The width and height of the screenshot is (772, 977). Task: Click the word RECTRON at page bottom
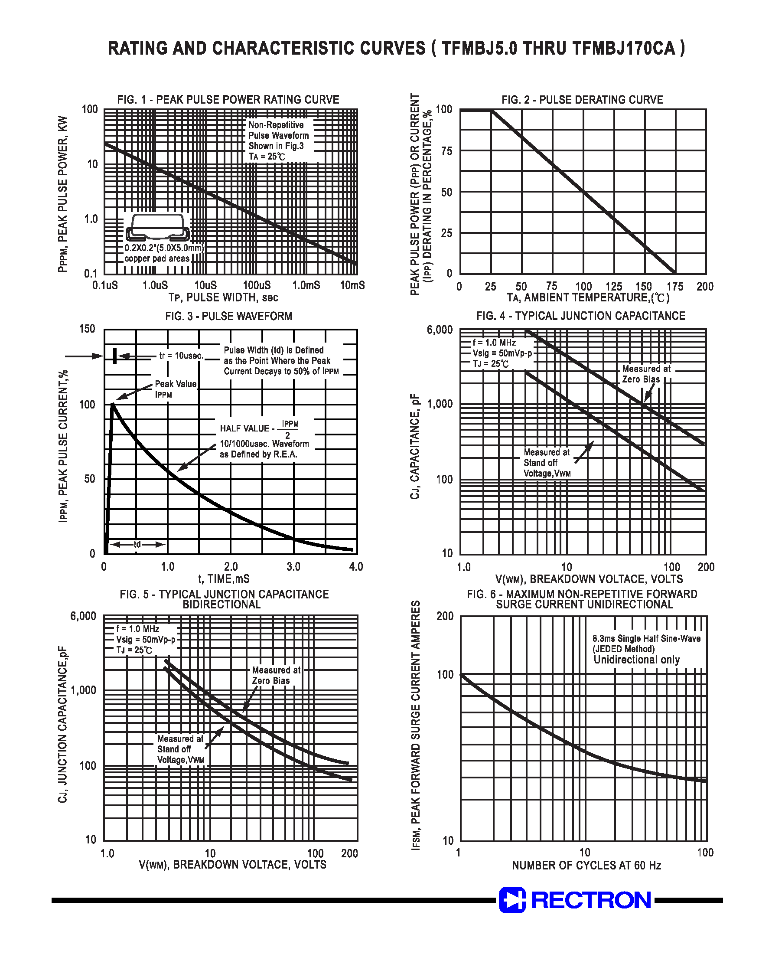pyautogui.click(x=591, y=900)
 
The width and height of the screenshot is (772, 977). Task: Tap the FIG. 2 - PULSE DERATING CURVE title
pyautogui.click(x=582, y=99)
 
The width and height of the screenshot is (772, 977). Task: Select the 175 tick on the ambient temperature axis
pyautogui.click(x=674, y=286)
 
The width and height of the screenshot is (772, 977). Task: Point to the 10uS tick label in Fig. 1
pyautogui.click(x=205, y=285)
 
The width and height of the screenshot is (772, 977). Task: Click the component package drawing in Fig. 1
pyautogui.click(x=157, y=227)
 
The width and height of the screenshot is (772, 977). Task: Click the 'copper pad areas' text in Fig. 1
pyautogui.click(x=157, y=258)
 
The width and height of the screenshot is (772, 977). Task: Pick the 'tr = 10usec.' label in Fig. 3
pyautogui.click(x=181, y=356)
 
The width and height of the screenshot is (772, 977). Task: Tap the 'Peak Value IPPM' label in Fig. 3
pyautogui.click(x=176, y=389)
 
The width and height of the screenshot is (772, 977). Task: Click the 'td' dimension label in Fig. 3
pyautogui.click(x=137, y=544)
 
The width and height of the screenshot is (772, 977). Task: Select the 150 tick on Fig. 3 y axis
pyautogui.click(x=87, y=329)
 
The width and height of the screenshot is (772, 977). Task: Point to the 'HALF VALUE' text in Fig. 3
pyautogui.click(x=244, y=428)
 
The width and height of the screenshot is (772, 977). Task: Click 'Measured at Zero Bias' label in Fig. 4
pyautogui.click(x=646, y=374)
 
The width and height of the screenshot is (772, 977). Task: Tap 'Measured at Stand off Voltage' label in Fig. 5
pyautogui.click(x=180, y=749)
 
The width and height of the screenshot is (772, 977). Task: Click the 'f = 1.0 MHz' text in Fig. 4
pyautogui.click(x=494, y=343)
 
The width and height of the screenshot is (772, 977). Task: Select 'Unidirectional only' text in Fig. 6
pyautogui.click(x=636, y=660)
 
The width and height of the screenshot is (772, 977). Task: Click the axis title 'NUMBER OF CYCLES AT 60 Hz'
pyautogui.click(x=586, y=865)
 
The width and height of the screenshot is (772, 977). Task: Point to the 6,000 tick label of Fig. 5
pyautogui.click(x=83, y=616)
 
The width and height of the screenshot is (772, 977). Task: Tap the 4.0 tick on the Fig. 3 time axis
pyautogui.click(x=356, y=566)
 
